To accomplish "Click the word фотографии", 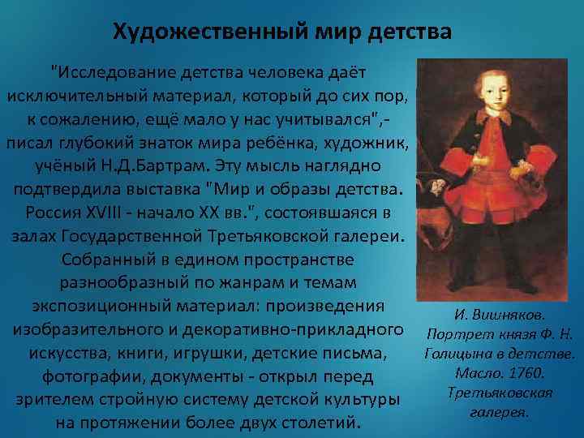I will pyautogui.click(x=90, y=377).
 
